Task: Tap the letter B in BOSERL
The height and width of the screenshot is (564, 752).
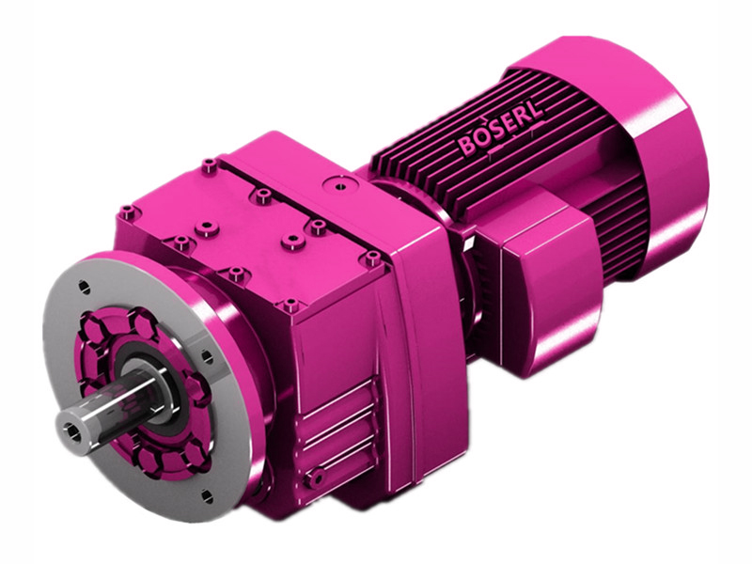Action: tap(466, 148)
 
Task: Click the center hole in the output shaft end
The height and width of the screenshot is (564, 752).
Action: tap(72, 431)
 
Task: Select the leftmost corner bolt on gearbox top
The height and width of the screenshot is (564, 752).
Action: tap(128, 212)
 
